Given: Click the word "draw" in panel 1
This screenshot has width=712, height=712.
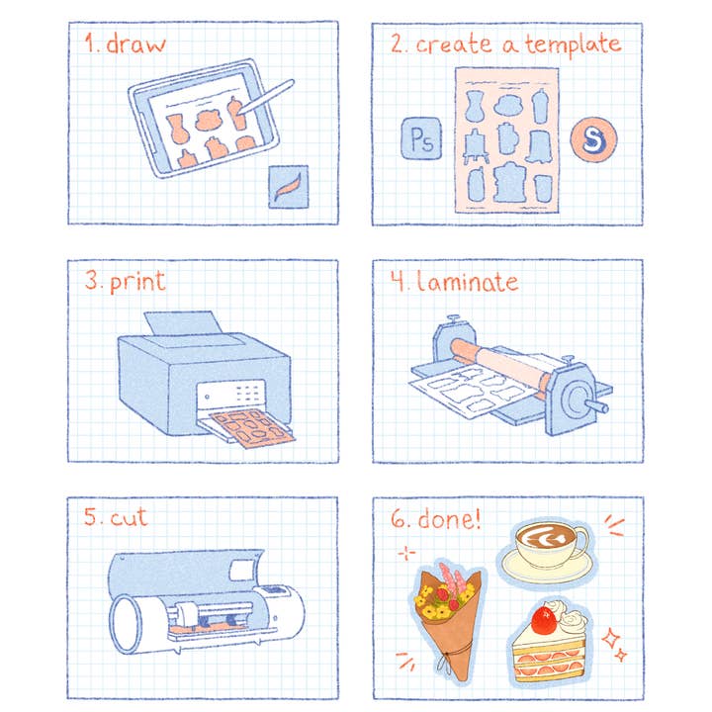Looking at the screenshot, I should [x=138, y=44].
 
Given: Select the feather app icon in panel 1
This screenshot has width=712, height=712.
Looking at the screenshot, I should [x=288, y=186].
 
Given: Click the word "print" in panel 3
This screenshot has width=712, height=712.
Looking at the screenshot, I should [x=137, y=282].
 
